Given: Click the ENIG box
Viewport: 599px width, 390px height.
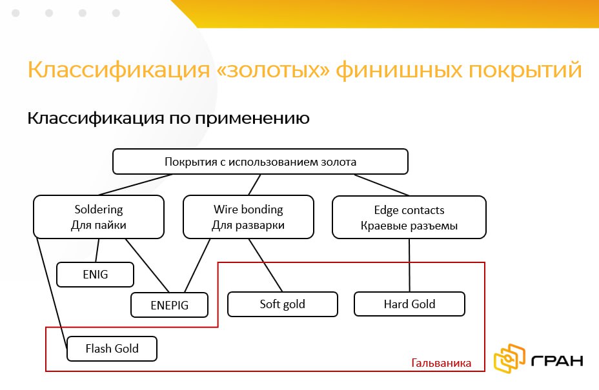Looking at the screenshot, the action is (95, 275).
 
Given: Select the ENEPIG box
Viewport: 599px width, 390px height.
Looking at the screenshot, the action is (169, 305).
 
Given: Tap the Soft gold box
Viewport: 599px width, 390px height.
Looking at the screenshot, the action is (283, 304).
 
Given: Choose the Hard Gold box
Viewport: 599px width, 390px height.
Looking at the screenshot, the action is (409, 304).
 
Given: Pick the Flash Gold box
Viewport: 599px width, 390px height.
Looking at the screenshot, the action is (112, 348).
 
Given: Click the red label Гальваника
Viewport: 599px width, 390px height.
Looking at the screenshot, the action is (442, 362).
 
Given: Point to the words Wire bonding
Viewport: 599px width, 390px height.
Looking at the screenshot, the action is (249, 210).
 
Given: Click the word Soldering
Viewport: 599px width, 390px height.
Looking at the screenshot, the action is (99, 210).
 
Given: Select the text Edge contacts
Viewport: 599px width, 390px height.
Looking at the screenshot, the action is (409, 210).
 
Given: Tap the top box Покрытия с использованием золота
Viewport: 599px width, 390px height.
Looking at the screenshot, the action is (261, 162).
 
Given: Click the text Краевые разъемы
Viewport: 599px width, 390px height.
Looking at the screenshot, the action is (409, 226).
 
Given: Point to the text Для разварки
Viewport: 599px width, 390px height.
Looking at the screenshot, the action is (249, 225).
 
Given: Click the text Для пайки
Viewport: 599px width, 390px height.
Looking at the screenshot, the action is (99, 225).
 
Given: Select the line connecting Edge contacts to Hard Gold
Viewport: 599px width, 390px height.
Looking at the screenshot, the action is (409, 265).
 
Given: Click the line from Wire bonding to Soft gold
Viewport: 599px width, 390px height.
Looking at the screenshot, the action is (265, 265).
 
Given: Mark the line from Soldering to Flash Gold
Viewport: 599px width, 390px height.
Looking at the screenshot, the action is (52, 293).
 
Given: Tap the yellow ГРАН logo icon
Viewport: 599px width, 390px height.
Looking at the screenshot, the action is (510, 358).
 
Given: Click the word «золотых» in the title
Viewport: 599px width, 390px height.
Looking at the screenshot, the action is (273, 70).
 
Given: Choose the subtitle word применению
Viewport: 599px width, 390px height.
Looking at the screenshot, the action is (253, 119).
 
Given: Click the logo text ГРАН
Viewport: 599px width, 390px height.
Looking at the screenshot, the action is (557, 360).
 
